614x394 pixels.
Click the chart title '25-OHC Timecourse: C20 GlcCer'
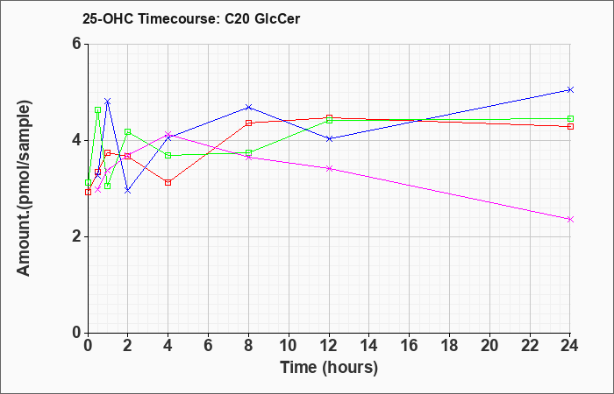point(191,18)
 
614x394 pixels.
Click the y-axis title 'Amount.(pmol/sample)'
point(24,188)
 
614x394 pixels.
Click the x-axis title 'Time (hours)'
point(329,368)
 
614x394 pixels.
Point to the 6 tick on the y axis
point(76,44)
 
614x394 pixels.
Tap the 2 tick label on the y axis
point(76,236)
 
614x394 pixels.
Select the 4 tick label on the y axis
point(76,140)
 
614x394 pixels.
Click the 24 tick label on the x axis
point(570,346)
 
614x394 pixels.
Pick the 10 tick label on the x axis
point(289,346)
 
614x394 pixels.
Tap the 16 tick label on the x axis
point(410,346)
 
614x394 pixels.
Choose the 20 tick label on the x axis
point(489,346)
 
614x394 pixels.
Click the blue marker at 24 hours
point(570,90)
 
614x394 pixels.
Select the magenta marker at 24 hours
point(570,220)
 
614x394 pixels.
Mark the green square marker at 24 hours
point(570,119)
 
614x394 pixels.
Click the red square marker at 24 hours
point(570,127)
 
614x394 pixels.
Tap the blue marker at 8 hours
point(248,107)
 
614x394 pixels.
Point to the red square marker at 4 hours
point(168,182)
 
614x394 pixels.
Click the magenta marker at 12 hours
point(329,168)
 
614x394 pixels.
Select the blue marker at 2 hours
point(128,191)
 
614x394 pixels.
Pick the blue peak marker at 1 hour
point(108,102)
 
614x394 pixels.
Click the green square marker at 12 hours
point(329,121)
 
